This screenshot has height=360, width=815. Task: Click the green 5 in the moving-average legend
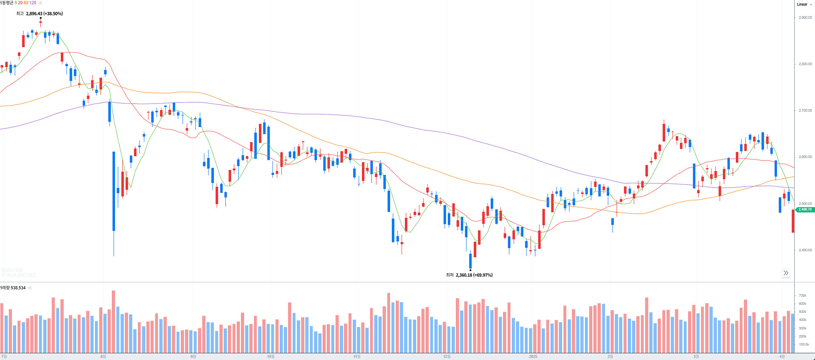16,3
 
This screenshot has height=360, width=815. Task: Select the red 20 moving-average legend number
20,3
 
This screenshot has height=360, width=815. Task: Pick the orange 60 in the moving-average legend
26,3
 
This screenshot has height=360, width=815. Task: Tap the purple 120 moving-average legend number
33,3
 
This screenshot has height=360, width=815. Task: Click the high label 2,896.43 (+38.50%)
44,14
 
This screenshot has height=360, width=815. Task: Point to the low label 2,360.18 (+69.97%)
474,275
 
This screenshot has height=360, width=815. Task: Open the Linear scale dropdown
804,4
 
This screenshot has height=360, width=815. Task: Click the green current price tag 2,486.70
805,209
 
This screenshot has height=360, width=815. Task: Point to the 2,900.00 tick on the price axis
805,17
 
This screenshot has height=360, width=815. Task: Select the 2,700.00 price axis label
805,110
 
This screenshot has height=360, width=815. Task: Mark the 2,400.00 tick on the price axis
805,250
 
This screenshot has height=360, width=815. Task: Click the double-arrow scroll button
786,273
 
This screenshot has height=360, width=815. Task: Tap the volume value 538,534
18,288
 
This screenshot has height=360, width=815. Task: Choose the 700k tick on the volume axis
802,295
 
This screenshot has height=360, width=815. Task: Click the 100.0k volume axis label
804,344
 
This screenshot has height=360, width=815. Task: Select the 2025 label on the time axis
533,357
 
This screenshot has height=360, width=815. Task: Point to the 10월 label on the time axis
270,357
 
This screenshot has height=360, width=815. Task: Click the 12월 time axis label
447,357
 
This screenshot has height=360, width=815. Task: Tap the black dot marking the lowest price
470,270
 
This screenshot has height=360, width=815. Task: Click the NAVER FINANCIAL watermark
18,273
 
